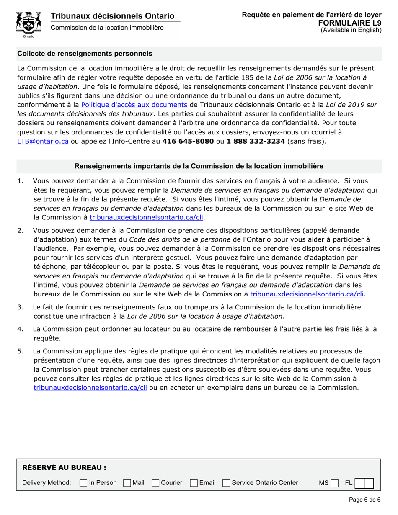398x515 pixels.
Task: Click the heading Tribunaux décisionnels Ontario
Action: pos(112,16)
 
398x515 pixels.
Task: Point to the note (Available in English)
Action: pos(351,30)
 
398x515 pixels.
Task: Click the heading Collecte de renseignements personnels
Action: pos(85,54)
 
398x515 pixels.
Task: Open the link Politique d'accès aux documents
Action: pos(134,105)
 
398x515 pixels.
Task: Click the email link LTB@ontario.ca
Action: pos(43,141)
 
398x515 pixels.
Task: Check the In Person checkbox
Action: pos(83,483)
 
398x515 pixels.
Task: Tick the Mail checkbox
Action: pos(127,483)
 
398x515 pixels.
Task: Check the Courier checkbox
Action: pos(155,483)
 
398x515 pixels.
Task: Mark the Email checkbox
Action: pos(194,483)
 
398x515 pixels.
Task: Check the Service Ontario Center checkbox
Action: pos(226,483)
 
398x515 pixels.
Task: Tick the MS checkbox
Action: pos(334,483)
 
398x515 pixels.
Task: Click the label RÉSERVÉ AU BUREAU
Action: pos(64,467)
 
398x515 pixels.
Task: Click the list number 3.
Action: pos(20,307)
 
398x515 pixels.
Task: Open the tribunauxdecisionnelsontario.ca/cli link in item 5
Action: pos(90,388)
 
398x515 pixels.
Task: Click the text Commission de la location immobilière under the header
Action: pos(107,28)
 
